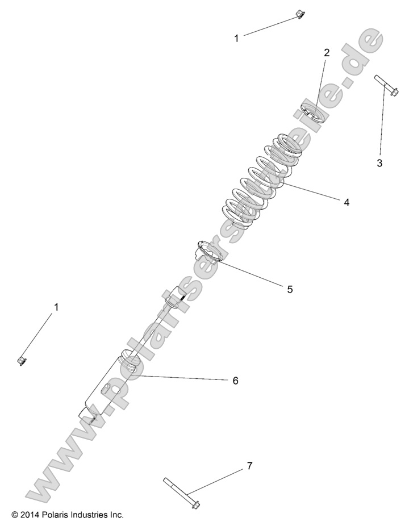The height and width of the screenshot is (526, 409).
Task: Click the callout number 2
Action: click(x=327, y=53)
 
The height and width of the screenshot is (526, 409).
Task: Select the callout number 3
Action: click(x=379, y=164)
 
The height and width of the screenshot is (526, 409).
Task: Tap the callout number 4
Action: click(x=346, y=202)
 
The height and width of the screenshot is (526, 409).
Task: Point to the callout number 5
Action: click(x=290, y=289)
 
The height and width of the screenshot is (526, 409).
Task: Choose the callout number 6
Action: click(x=235, y=381)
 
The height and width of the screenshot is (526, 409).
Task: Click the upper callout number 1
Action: click(x=237, y=38)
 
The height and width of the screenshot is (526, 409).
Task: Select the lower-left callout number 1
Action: click(x=56, y=307)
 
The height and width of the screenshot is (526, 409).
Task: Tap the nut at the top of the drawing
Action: click(x=297, y=15)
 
